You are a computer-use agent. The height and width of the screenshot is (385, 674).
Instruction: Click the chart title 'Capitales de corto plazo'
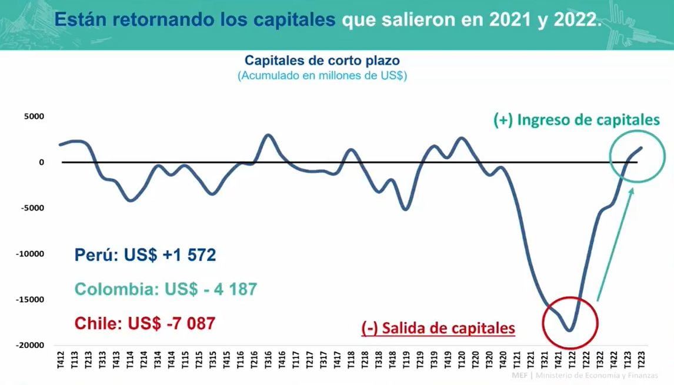coord(322,61)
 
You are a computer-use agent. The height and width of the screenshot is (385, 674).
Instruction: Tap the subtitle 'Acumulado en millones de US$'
coord(322,76)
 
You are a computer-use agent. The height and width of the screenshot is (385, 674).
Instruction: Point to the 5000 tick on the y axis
coord(34,116)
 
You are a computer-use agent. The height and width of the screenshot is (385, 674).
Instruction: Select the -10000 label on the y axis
coord(31,254)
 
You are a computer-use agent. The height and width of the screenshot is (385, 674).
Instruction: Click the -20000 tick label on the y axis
coord(31,345)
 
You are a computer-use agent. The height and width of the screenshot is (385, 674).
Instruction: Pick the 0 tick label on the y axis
coord(41,162)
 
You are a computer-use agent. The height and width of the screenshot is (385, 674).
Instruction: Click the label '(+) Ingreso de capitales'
coord(576,120)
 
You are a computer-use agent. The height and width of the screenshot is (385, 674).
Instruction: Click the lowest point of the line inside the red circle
coord(569,330)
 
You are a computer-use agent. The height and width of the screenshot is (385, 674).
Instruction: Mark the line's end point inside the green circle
coord(640,148)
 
